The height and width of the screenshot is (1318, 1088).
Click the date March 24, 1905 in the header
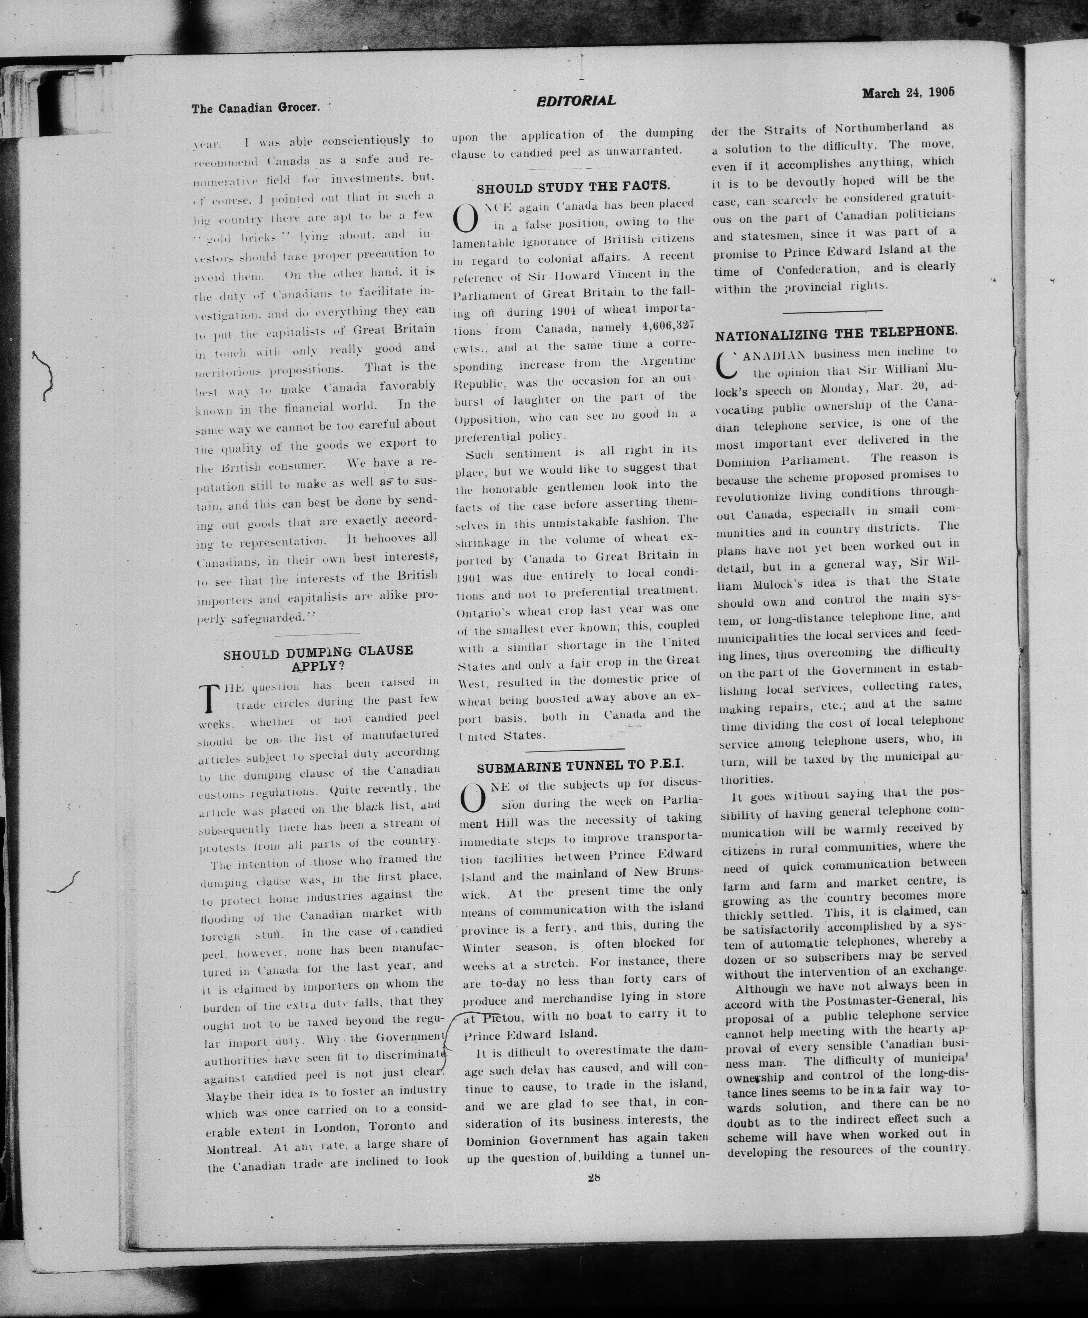pyautogui.click(x=908, y=93)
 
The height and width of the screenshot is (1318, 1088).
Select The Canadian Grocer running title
pyautogui.click(x=256, y=108)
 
